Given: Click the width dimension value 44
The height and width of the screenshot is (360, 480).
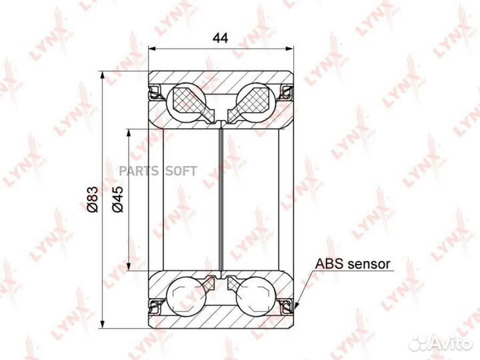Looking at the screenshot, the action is (x=221, y=38).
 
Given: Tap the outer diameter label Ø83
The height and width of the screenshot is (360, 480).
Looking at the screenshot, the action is (x=93, y=199).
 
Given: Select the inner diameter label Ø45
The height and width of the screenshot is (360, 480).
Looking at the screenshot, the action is (x=117, y=199).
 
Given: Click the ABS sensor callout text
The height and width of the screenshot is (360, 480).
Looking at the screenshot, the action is (x=353, y=263).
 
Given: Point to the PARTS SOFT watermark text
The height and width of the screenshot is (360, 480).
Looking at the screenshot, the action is (x=158, y=171).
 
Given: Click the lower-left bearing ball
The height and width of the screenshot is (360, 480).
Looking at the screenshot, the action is (x=186, y=297).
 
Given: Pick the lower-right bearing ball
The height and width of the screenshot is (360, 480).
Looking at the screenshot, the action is (x=256, y=297).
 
